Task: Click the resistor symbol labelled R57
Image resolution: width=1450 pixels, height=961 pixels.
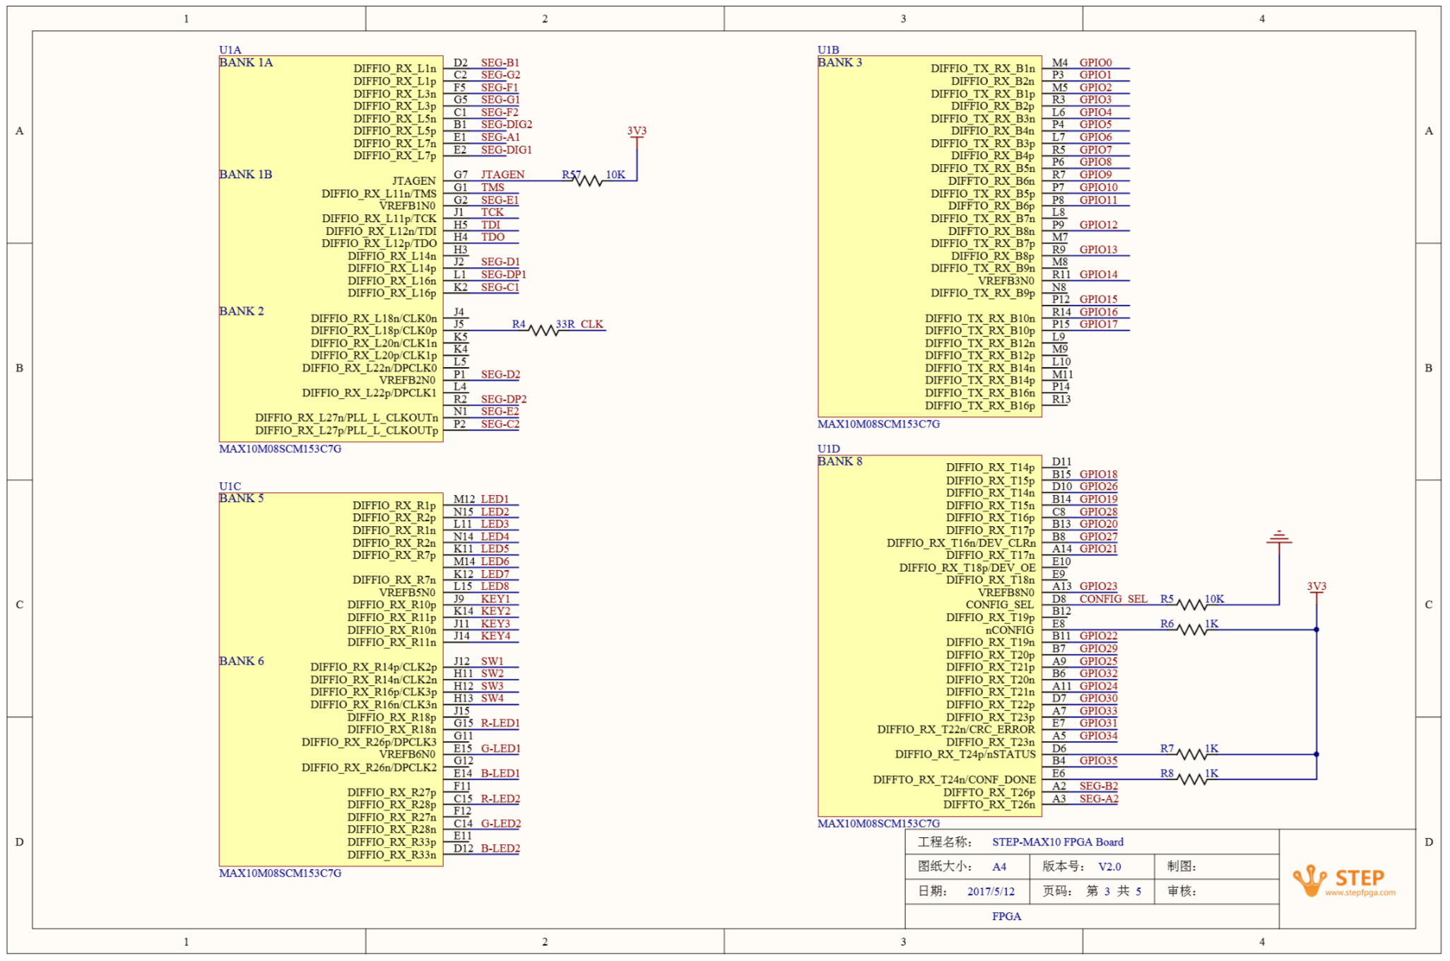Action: pyautogui.click(x=588, y=181)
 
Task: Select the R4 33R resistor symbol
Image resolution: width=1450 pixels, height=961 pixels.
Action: pyautogui.click(x=544, y=330)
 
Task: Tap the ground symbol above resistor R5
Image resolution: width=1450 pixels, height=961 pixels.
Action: pyautogui.click(x=1279, y=537)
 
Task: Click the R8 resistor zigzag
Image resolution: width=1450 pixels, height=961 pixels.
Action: pyautogui.click(x=1193, y=779)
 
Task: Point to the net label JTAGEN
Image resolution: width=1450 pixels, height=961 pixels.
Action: pyautogui.click(x=502, y=175)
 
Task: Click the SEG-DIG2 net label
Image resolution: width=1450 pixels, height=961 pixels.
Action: pyautogui.click(x=507, y=124)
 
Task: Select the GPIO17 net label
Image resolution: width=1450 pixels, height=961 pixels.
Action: pyautogui.click(x=1098, y=324)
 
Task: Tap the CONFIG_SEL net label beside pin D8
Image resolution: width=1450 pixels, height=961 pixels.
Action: pyautogui.click(x=1113, y=599)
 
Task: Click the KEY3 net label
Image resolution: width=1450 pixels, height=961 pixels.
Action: pyautogui.click(x=495, y=624)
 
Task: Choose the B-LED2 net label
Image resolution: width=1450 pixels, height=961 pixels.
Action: pyautogui.click(x=500, y=849)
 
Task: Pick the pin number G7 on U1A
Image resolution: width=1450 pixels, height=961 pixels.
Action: pyautogui.click(x=461, y=175)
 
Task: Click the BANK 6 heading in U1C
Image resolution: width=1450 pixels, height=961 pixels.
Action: pyautogui.click(x=242, y=661)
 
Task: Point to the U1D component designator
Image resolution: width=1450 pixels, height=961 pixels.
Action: pyautogui.click(x=829, y=449)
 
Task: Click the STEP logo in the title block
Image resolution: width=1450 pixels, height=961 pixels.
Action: pyautogui.click(x=1344, y=880)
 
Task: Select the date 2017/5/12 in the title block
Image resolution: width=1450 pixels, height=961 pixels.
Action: pyautogui.click(x=991, y=892)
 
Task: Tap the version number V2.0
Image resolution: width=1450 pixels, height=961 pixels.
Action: pyautogui.click(x=1109, y=867)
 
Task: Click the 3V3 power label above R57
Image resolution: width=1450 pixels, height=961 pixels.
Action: pyautogui.click(x=637, y=131)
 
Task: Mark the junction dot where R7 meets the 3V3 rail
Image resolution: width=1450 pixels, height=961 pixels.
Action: pyautogui.click(x=1316, y=755)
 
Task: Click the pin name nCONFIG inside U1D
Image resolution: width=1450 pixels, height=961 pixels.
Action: pyautogui.click(x=1010, y=630)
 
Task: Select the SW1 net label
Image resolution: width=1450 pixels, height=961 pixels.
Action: pyautogui.click(x=493, y=661)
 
